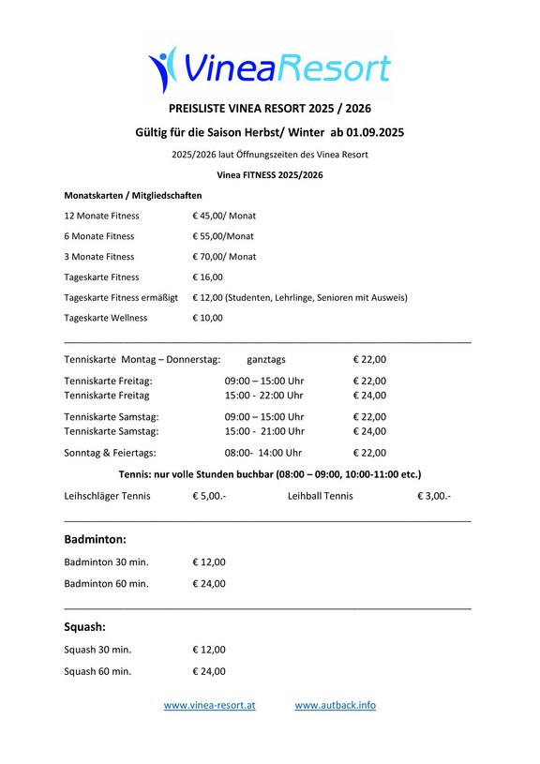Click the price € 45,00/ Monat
click(225, 216)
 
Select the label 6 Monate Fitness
click(98, 236)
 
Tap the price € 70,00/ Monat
click(224, 257)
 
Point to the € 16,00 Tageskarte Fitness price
click(208, 277)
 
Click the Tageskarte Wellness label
click(105, 318)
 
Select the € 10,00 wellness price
click(208, 318)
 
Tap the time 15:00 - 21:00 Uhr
click(264, 431)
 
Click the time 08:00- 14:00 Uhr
click(264, 453)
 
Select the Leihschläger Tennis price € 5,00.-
click(209, 495)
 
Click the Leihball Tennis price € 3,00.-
click(434, 495)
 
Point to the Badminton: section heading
click(95, 539)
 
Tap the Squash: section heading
click(84, 626)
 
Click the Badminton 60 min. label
click(106, 583)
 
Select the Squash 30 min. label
click(97, 649)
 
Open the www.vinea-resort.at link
click(209, 705)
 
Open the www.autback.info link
click(335, 705)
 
